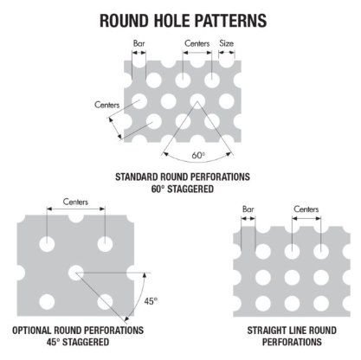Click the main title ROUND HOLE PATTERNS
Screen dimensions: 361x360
183,21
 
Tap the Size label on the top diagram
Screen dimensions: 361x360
227,43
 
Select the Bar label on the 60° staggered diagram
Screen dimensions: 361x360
139,43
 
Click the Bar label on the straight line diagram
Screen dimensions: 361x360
248,209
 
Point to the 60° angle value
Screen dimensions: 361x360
198,155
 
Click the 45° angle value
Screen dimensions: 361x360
151,301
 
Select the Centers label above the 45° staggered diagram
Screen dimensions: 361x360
75,202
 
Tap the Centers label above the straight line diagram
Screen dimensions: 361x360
306,209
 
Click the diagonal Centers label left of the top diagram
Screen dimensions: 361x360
106,105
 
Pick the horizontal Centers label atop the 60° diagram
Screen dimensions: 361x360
197,43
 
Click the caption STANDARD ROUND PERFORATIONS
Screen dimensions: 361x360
183,177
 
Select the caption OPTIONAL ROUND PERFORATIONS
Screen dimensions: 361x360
78,330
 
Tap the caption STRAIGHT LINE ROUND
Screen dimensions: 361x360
292,331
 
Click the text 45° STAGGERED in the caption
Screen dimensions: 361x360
78,342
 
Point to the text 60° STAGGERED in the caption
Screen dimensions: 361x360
183,189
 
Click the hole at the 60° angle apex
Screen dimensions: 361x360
197,101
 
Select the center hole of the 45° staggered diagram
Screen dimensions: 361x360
75,273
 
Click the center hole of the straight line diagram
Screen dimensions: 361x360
292,277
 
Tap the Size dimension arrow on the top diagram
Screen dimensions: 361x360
227,53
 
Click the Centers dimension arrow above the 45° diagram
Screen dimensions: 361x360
75,209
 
